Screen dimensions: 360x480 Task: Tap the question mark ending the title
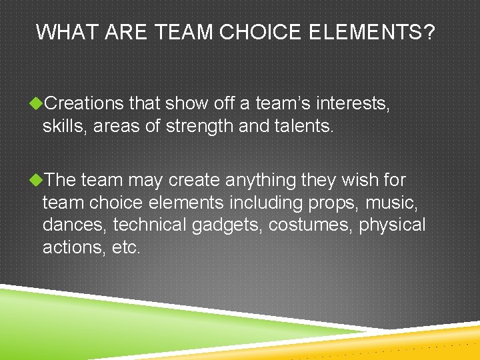pos(427,31)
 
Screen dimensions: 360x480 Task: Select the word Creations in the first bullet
pos(85,103)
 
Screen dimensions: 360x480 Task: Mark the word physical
pos(392,225)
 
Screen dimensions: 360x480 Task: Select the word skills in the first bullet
pos(64,126)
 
